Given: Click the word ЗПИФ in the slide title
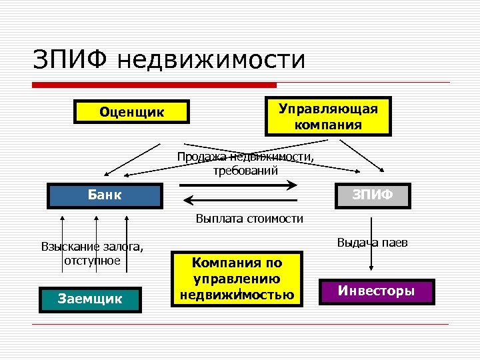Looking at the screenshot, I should (x=69, y=59).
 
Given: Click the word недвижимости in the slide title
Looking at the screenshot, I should (x=210, y=60).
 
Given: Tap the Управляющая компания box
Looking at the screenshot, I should (x=328, y=116).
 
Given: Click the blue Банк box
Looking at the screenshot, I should (x=105, y=195).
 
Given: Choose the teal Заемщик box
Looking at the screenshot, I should (x=91, y=299).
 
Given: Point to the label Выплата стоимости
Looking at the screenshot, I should (x=249, y=218).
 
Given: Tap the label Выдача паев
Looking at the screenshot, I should (x=372, y=242).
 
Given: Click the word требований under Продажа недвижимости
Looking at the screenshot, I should (x=245, y=170).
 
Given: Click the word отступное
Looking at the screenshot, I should (x=92, y=260).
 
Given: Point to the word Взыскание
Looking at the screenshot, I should (x=67, y=247).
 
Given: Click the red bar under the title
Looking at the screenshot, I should (x=154, y=85).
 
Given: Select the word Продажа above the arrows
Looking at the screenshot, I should (x=201, y=157).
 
